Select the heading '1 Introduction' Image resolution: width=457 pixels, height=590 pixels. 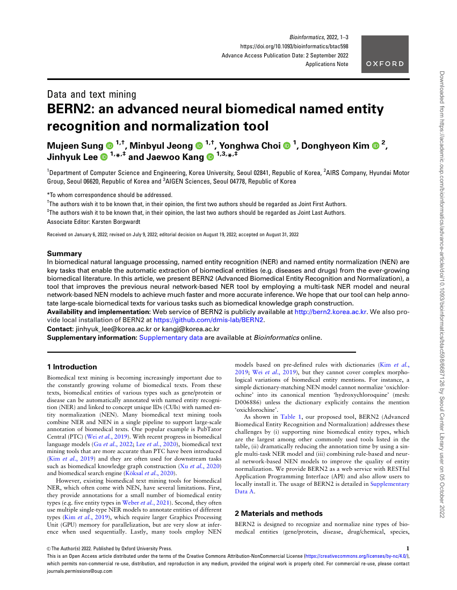tap(72, 367)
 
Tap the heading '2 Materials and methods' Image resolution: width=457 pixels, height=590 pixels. tap(279, 513)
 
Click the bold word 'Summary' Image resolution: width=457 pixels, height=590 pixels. tap(64, 253)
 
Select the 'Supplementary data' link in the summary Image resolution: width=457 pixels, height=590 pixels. tap(171, 338)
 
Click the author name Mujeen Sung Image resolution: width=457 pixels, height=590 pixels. tap(75, 145)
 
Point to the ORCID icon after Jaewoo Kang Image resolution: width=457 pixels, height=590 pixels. tap(210, 157)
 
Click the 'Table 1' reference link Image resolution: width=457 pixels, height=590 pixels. tap(293, 417)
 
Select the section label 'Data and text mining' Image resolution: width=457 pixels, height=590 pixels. tap(92, 94)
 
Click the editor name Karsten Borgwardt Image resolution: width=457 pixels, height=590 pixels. tap(105, 221)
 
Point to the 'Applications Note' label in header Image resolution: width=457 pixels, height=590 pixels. tap(327, 64)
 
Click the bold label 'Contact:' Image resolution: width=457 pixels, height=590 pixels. tap(61, 329)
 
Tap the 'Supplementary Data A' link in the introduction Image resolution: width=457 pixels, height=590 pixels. tap(389, 487)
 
